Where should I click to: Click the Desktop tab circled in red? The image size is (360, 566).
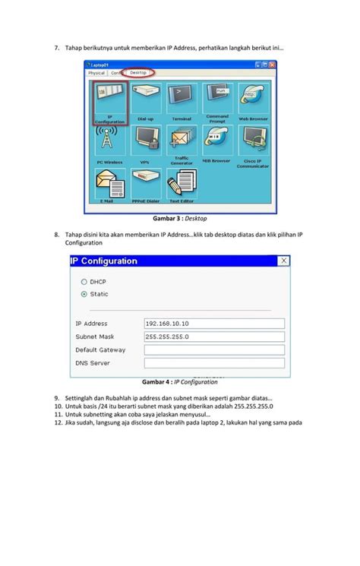pos(138,73)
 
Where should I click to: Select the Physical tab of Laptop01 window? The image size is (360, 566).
pos(96,73)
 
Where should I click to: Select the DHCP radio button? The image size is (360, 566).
pos(84,281)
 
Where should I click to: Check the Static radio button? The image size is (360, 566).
pos(84,294)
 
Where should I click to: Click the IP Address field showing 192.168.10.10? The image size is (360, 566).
pos(213,323)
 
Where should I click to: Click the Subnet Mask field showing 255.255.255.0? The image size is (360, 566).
pos(213,337)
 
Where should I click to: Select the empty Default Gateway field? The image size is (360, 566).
pos(213,350)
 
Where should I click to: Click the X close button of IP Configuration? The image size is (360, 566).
pos(285,261)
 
